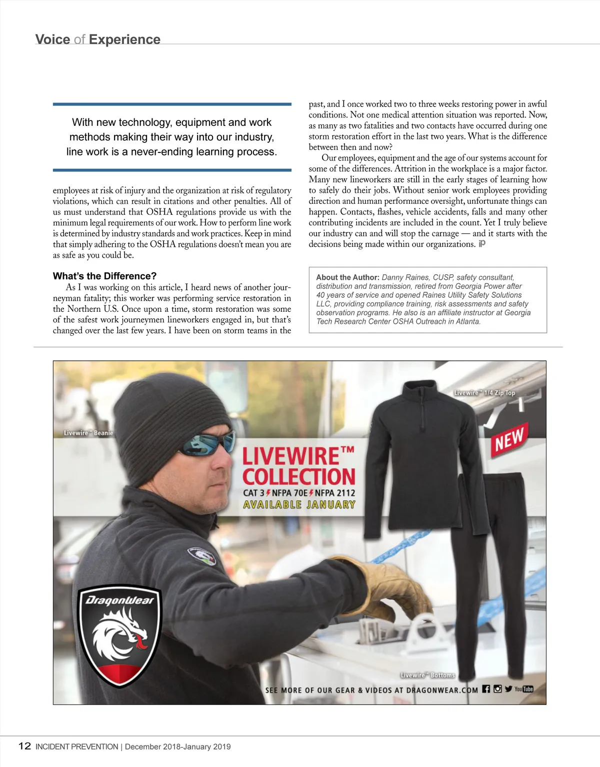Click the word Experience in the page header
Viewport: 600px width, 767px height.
(124, 39)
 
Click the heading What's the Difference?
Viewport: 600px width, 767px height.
(104, 276)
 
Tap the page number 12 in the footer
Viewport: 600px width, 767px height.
(24, 746)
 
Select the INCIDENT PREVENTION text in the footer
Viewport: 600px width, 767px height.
(76, 747)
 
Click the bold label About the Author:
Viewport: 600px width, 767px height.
(347, 277)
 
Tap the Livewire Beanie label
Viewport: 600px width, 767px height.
(88, 433)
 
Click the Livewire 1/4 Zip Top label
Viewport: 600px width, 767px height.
(484, 393)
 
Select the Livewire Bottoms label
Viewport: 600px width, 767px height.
(427, 675)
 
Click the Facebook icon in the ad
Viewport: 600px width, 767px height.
(486, 689)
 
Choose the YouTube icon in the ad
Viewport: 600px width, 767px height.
(524, 689)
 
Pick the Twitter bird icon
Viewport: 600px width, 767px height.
(508, 689)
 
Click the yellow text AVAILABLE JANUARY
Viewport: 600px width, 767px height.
(299, 505)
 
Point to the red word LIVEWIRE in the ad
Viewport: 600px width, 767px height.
(291, 456)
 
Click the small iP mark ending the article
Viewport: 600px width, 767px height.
(482, 243)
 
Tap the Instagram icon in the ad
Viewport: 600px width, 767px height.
(497, 689)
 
